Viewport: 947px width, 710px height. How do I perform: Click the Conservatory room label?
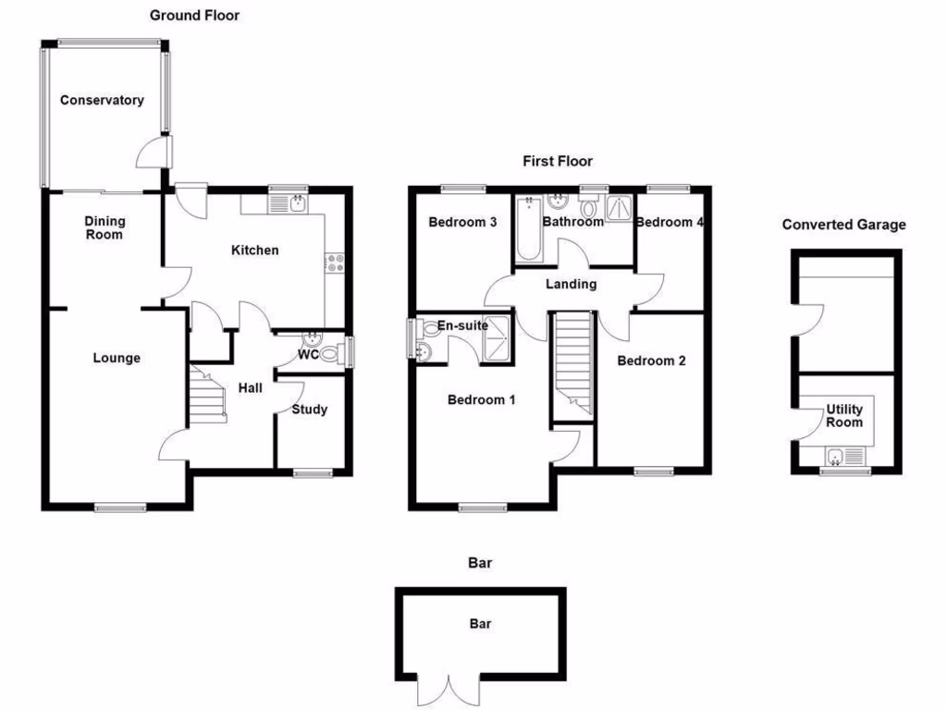click(102, 100)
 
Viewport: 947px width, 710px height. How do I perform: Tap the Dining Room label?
click(105, 227)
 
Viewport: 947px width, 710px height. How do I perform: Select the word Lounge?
click(117, 358)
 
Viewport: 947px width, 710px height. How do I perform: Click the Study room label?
click(309, 410)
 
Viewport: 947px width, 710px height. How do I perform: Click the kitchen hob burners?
click(334, 263)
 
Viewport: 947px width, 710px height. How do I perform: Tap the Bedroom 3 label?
click(463, 222)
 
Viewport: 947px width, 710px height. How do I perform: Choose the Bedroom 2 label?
click(651, 361)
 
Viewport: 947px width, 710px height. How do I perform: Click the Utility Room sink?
click(836, 456)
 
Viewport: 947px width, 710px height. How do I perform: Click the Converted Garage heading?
click(843, 225)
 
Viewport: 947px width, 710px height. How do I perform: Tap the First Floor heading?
click(558, 161)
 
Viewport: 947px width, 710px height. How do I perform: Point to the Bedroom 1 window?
click(483, 507)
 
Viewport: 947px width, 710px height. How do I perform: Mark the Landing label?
click(571, 284)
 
